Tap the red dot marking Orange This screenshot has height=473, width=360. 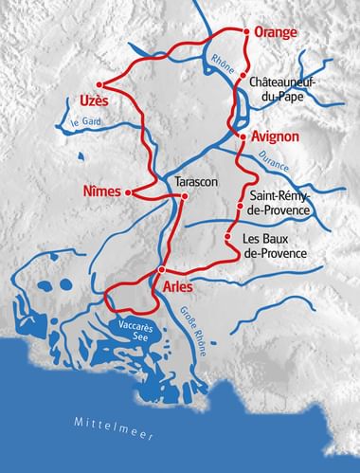point(247,31)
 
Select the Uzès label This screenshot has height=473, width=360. point(81,99)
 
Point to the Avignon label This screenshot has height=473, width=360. point(276,136)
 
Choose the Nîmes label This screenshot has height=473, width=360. point(102,191)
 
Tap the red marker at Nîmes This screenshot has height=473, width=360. point(128,191)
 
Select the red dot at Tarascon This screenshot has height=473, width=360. point(185,196)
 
